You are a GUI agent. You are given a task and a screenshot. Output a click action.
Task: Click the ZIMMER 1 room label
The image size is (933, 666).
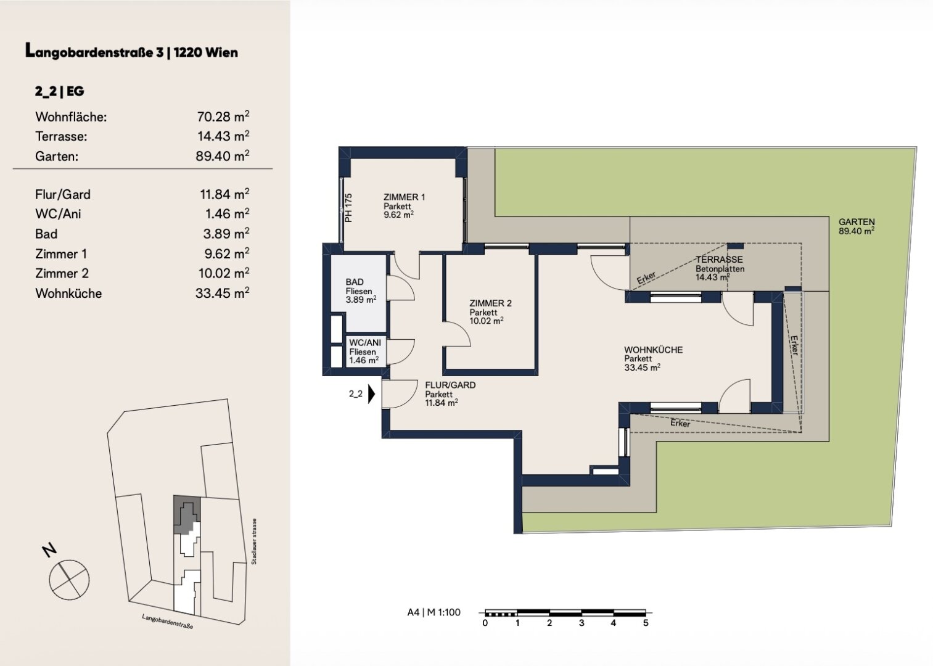tap(404, 197)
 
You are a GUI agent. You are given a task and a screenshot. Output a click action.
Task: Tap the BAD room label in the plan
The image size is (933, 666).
tap(355, 282)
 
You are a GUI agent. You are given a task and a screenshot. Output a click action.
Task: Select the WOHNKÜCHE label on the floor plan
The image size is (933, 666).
tap(653, 350)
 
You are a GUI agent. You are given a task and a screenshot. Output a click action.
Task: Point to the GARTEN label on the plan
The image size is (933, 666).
tap(857, 222)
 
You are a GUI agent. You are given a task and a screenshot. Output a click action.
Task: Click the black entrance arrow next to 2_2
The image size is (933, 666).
tap(371, 394)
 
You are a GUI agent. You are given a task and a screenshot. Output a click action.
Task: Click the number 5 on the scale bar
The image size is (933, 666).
tap(646, 623)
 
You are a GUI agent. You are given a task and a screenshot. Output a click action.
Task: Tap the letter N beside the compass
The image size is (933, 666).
tap(49, 550)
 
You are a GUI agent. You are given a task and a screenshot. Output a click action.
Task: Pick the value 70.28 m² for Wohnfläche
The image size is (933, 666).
tap(223, 116)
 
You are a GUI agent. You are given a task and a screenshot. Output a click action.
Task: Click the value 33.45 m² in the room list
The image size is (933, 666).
tap(223, 293)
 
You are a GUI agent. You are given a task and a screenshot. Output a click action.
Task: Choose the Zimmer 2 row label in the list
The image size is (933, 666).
tap(62, 273)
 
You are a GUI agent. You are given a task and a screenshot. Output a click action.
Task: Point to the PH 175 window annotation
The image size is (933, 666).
tap(348, 208)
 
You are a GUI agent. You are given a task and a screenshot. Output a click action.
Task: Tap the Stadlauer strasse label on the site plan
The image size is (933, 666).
tap(254, 541)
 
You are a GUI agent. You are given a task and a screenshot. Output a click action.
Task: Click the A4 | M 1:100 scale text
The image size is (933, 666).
tap(434, 612)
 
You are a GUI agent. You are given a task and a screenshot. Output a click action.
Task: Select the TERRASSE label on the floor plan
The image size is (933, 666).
tap(719, 260)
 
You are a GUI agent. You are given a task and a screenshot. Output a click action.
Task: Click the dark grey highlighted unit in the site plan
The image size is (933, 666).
tap(187, 515)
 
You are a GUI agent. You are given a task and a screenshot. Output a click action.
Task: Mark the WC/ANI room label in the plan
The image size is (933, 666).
tap(365, 342)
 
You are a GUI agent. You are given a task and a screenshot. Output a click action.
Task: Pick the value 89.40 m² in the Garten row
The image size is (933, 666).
tap(223, 156)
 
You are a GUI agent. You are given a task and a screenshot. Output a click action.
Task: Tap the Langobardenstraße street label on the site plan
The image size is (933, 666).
tap(168, 622)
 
